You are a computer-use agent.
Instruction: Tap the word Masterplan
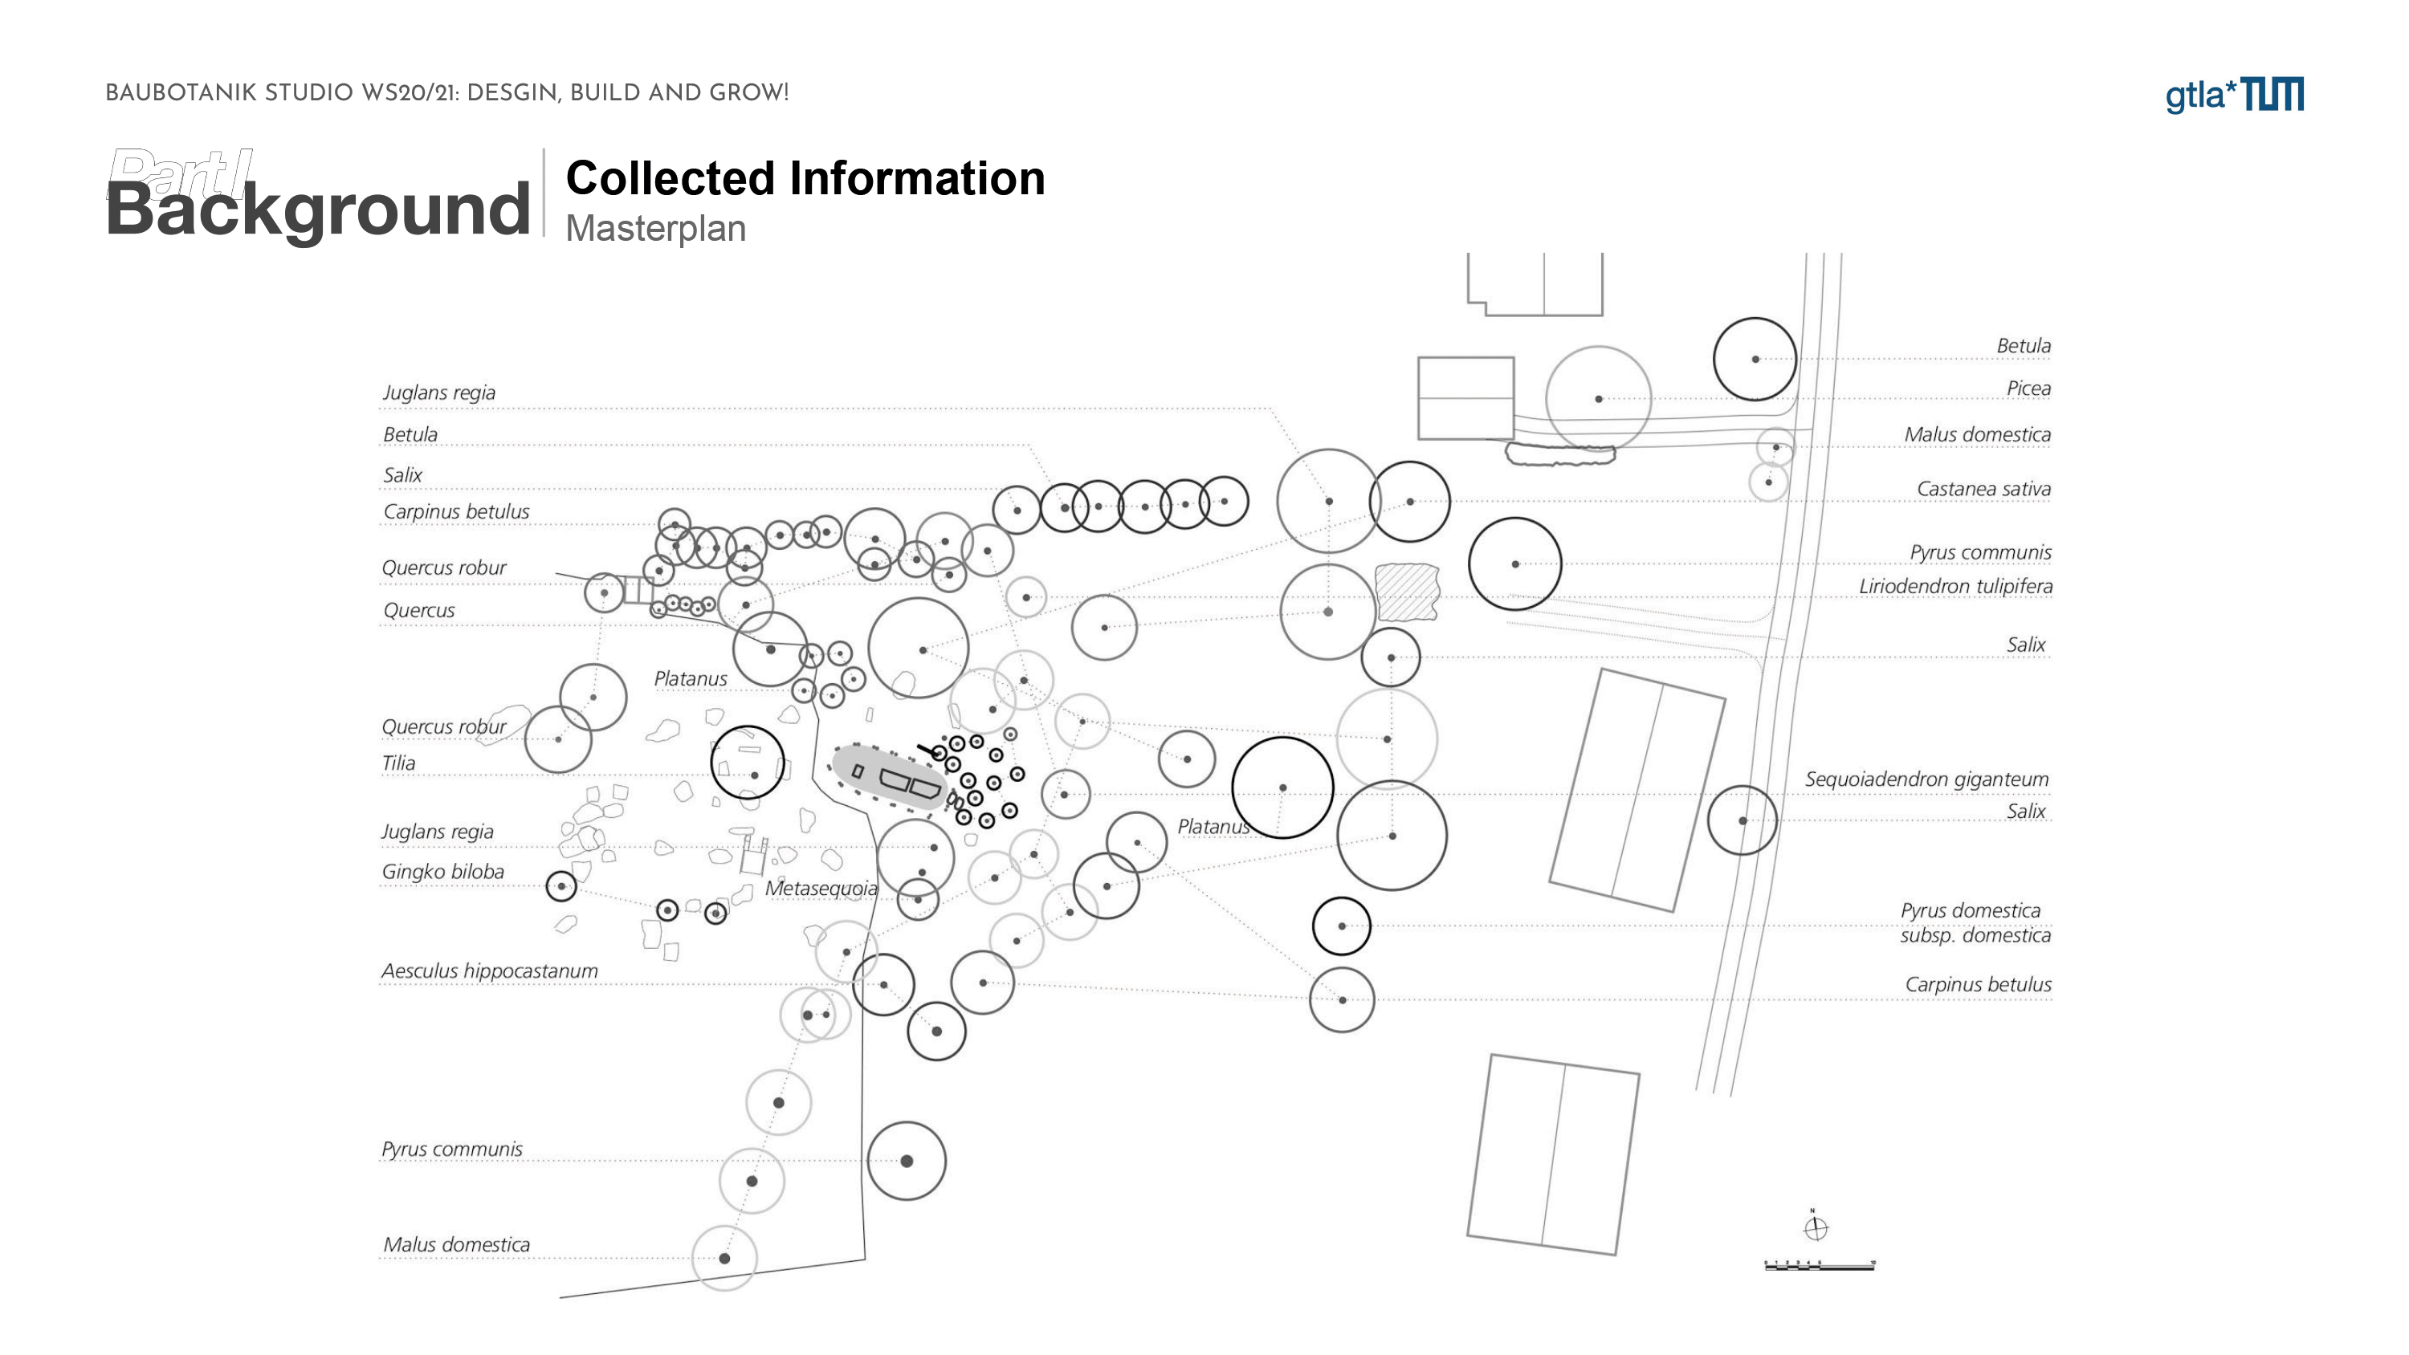coord(655,228)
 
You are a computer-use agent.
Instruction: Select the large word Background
coord(318,209)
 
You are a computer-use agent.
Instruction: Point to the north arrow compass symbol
coord(1815,1228)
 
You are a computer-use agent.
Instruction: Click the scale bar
coord(1819,1265)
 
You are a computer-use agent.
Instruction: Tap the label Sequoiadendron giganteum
coord(1926,779)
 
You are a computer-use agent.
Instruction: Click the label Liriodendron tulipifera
coord(1955,586)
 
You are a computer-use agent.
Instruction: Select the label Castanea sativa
coord(1983,489)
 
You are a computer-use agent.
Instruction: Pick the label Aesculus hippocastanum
coord(489,970)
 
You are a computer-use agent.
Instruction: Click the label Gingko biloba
coord(442,872)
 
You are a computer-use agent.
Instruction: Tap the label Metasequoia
coord(821,889)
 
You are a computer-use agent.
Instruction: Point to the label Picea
coord(2028,388)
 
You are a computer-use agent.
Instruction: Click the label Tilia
coord(398,763)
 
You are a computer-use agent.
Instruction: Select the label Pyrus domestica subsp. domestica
coord(1974,923)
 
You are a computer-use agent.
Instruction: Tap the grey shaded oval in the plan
coord(888,777)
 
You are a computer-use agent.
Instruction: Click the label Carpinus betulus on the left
coord(455,511)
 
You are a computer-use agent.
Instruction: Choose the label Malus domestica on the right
coord(1977,435)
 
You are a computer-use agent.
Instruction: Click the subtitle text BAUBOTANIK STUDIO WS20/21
coord(446,93)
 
